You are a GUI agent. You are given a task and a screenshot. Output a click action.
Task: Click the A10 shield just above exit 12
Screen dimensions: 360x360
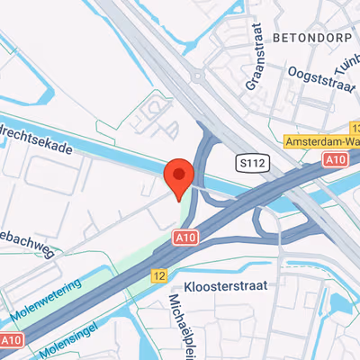pyautogui.click(x=184, y=237)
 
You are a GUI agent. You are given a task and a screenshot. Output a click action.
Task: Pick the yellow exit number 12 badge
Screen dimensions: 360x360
pyautogui.click(x=159, y=275)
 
